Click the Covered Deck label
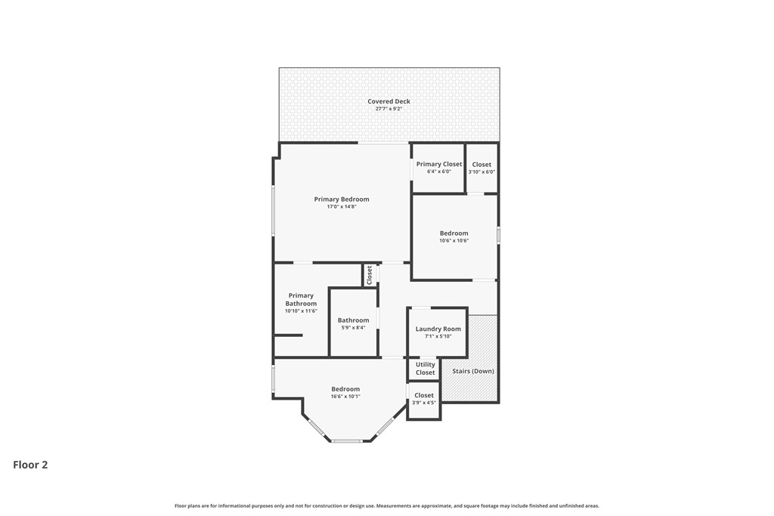click(389, 101)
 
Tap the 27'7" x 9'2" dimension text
click(389, 109)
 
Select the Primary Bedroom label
click(342, 199)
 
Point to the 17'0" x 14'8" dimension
click(342, 207)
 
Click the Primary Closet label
click(439, 164)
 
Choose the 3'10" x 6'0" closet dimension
click(481, 171)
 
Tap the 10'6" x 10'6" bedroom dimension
click(454, 241)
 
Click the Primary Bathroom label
click(301, 299)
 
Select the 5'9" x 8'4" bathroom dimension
click(353, 328)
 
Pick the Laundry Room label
click(438, 329)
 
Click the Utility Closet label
click(425, 369)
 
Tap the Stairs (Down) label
click(473, 371)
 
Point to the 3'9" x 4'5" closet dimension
click(423, 403)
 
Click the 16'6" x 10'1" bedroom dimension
click(345, 396)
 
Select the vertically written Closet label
click(369, 275)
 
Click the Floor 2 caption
click(30, 465)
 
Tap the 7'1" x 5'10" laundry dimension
click(438, 336)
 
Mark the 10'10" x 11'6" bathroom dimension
click(301, 311)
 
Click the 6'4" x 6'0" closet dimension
click(439, 171)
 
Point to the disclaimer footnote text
click(386, 505)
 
